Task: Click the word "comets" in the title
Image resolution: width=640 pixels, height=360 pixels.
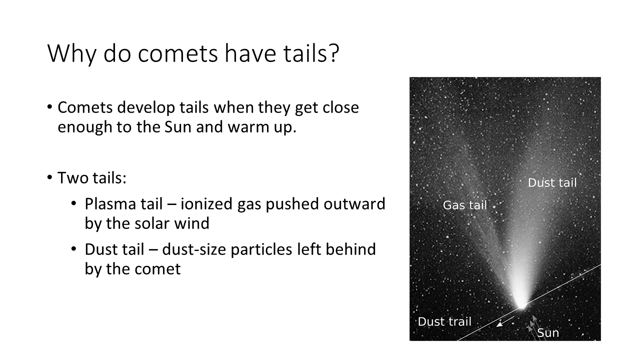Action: [177, 53]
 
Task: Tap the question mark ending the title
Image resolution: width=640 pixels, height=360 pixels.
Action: [333, 52]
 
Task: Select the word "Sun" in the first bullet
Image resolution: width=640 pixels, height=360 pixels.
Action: [177, 127]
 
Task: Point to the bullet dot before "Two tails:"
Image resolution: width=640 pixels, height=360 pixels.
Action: [49, 177]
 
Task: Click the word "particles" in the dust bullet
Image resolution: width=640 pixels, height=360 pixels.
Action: [261, 249]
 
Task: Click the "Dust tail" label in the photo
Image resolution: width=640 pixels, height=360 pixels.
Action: [552, 182]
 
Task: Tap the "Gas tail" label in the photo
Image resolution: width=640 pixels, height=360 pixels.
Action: [464, 205]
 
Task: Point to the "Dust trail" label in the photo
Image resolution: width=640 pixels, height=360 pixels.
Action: [444, 321]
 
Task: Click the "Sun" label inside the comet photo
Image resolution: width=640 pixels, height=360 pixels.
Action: [548, 332]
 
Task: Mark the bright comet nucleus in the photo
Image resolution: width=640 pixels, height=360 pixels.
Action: [521, 305]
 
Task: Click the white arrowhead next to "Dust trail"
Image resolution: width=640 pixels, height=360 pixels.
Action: [499, 324]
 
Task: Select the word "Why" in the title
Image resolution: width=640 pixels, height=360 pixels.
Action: [71, 54]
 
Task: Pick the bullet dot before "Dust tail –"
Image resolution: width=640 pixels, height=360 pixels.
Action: [73, 249]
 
